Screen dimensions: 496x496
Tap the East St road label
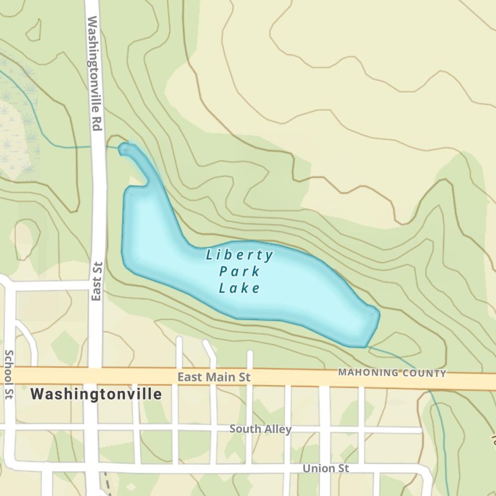point(97,281)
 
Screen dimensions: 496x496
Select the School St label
point(8,374)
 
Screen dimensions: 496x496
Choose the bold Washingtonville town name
point(96,394)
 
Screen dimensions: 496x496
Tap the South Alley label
point(260,429)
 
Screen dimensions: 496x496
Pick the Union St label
point(326,468)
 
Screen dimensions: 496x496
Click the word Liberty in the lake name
point(240,255)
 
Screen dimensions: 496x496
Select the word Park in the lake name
point(240,272)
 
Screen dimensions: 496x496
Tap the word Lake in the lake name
point(240,288)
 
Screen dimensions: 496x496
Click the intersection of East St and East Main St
point(94,375)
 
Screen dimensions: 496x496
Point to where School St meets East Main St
point(8,375)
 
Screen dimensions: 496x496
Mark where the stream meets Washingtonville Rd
point(98,146)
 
